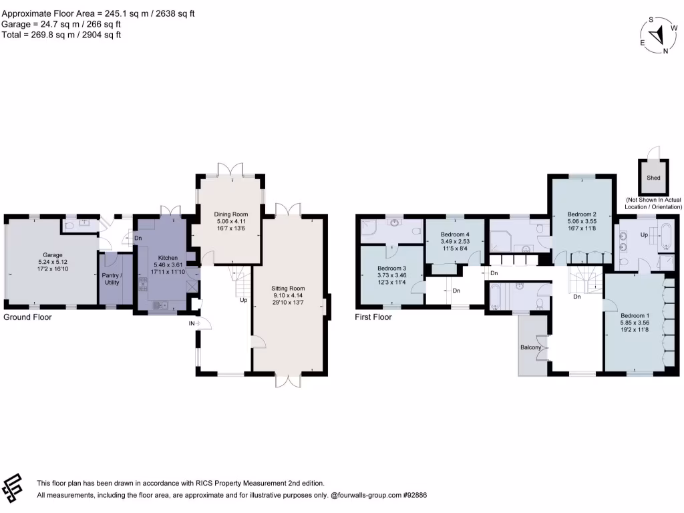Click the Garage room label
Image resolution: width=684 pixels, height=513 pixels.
(52, 254)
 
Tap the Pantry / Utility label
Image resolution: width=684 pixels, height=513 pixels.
(112, 279)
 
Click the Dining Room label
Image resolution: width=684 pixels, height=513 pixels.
(230, 214)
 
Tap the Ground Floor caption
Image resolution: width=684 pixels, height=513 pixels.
(27, 317)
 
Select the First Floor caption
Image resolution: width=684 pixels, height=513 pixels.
(373, 317)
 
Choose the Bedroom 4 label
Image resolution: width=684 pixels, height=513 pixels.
(455, 234)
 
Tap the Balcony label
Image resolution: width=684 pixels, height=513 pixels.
(530, 347)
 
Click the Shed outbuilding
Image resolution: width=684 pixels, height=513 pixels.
(653, 178)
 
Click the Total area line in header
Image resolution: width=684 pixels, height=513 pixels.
(61, 35)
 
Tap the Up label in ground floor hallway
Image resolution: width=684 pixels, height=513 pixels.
(244, 300)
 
